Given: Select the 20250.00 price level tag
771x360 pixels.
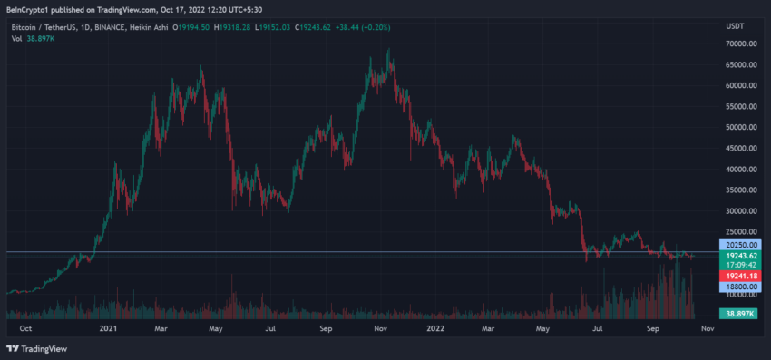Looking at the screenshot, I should pyautogui.click(x=737, y=246).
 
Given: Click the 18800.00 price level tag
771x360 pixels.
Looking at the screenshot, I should pyautogui.click(x=737, y=287).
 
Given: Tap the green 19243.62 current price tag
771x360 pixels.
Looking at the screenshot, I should pyautogui.click(x=737, y=257).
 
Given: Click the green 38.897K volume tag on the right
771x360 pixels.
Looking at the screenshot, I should pyautogui.click(x=737, y=313).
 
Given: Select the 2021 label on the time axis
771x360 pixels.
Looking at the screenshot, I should pyautogui.click(x=108, y=330).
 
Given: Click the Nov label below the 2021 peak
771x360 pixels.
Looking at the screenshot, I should pyautogui.click(x=381, y=330).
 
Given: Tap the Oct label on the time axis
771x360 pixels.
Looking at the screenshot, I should pyautogui.click(x=26, y=330).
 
